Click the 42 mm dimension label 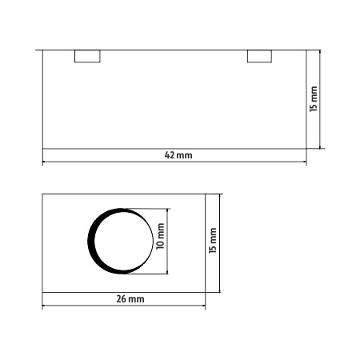coord(178,155)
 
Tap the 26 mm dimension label coord(130,299)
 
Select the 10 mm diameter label coord(160,236)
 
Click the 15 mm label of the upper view coord(314,99)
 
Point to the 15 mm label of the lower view coord(213,241)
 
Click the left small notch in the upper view coord(87,56)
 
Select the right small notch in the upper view coord(259,56)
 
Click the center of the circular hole coord(121,241)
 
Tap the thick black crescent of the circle coord(91,241)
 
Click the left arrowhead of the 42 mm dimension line coord(45,162)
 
